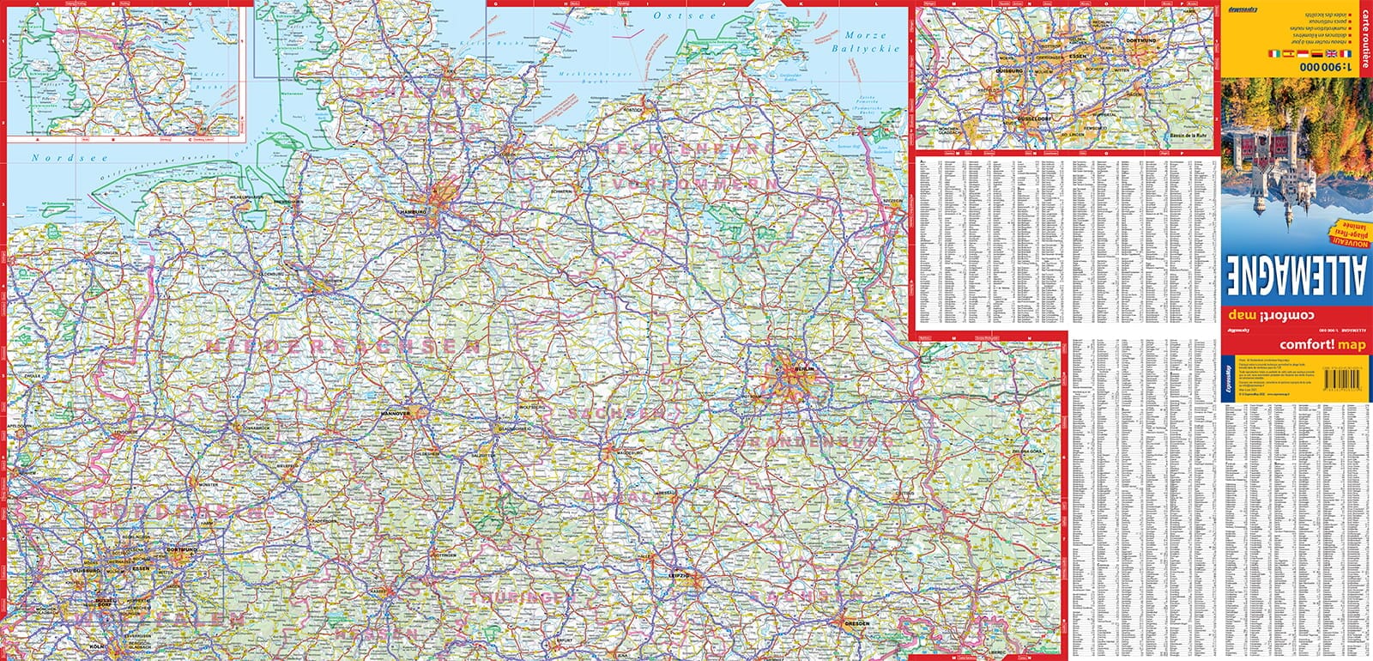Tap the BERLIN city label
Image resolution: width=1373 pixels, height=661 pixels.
click(x=803, y=369)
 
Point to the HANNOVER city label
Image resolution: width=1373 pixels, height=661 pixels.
click(x=396, y=413)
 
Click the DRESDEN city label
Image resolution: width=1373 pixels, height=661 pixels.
click(x=856, y=623)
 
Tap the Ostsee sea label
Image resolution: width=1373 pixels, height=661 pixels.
click(x=672, y=15)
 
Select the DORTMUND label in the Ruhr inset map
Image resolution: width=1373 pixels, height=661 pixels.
click(x=1143, y=39)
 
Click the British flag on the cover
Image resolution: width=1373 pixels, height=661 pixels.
click(x=1319, y=53)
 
